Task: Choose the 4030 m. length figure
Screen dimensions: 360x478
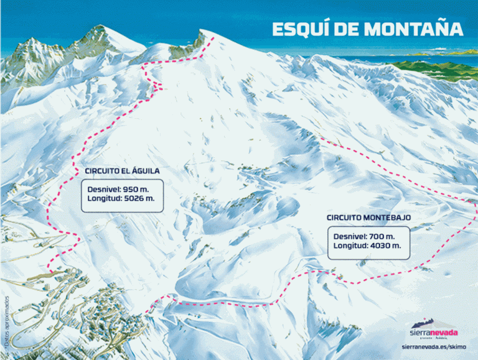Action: click(x=383, y=247)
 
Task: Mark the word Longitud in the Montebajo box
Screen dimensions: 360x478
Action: click(x=350, y=247)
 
